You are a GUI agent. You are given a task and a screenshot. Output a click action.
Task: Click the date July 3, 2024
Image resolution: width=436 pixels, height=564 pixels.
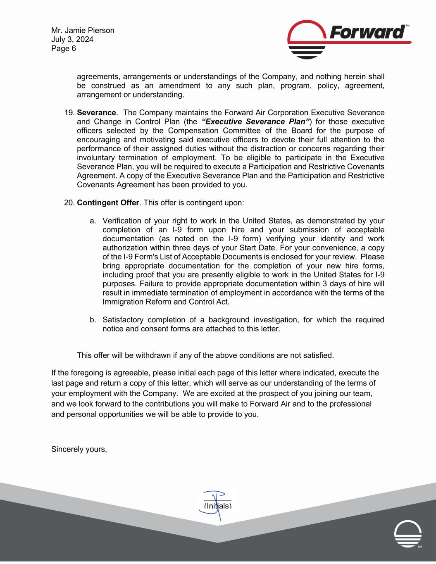point(72,40)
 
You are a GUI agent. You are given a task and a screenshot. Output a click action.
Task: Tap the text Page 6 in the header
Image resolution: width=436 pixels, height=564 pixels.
point(64,49)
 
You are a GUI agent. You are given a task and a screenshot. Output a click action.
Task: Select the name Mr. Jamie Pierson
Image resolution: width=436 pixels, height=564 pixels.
point(83,31)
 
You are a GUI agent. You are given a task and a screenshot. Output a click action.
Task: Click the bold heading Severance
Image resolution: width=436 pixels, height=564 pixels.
point(96,113)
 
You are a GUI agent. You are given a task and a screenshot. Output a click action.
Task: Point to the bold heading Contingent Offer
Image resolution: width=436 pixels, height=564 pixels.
point(108,203)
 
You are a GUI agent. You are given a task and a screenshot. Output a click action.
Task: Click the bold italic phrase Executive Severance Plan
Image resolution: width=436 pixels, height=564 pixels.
point(257,122)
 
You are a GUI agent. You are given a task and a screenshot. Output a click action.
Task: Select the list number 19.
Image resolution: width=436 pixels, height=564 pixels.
point(70,113)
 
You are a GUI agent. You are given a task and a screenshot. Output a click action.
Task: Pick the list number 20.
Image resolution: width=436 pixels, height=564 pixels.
point(70,203)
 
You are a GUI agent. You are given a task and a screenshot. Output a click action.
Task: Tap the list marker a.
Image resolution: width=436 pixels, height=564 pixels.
point(93,221)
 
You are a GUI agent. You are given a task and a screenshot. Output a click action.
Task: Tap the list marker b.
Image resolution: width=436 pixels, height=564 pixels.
point(93,320)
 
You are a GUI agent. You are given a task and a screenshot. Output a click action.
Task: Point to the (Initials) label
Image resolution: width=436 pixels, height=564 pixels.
point(218,506)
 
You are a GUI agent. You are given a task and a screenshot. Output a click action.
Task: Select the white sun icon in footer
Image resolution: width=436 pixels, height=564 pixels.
point(408,533)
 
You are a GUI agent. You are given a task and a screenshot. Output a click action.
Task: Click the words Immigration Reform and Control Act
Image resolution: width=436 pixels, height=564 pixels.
point(166,302)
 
